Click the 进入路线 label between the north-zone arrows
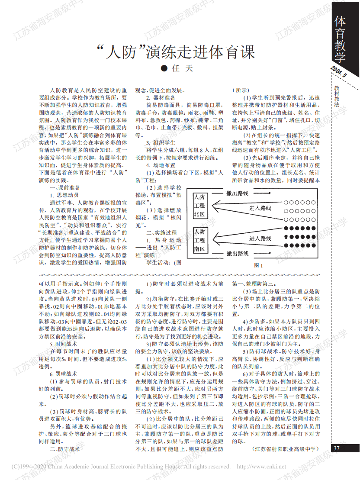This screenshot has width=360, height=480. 260,208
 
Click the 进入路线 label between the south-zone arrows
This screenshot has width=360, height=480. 260,238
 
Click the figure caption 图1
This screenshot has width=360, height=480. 259,265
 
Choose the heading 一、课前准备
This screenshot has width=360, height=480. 65,188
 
